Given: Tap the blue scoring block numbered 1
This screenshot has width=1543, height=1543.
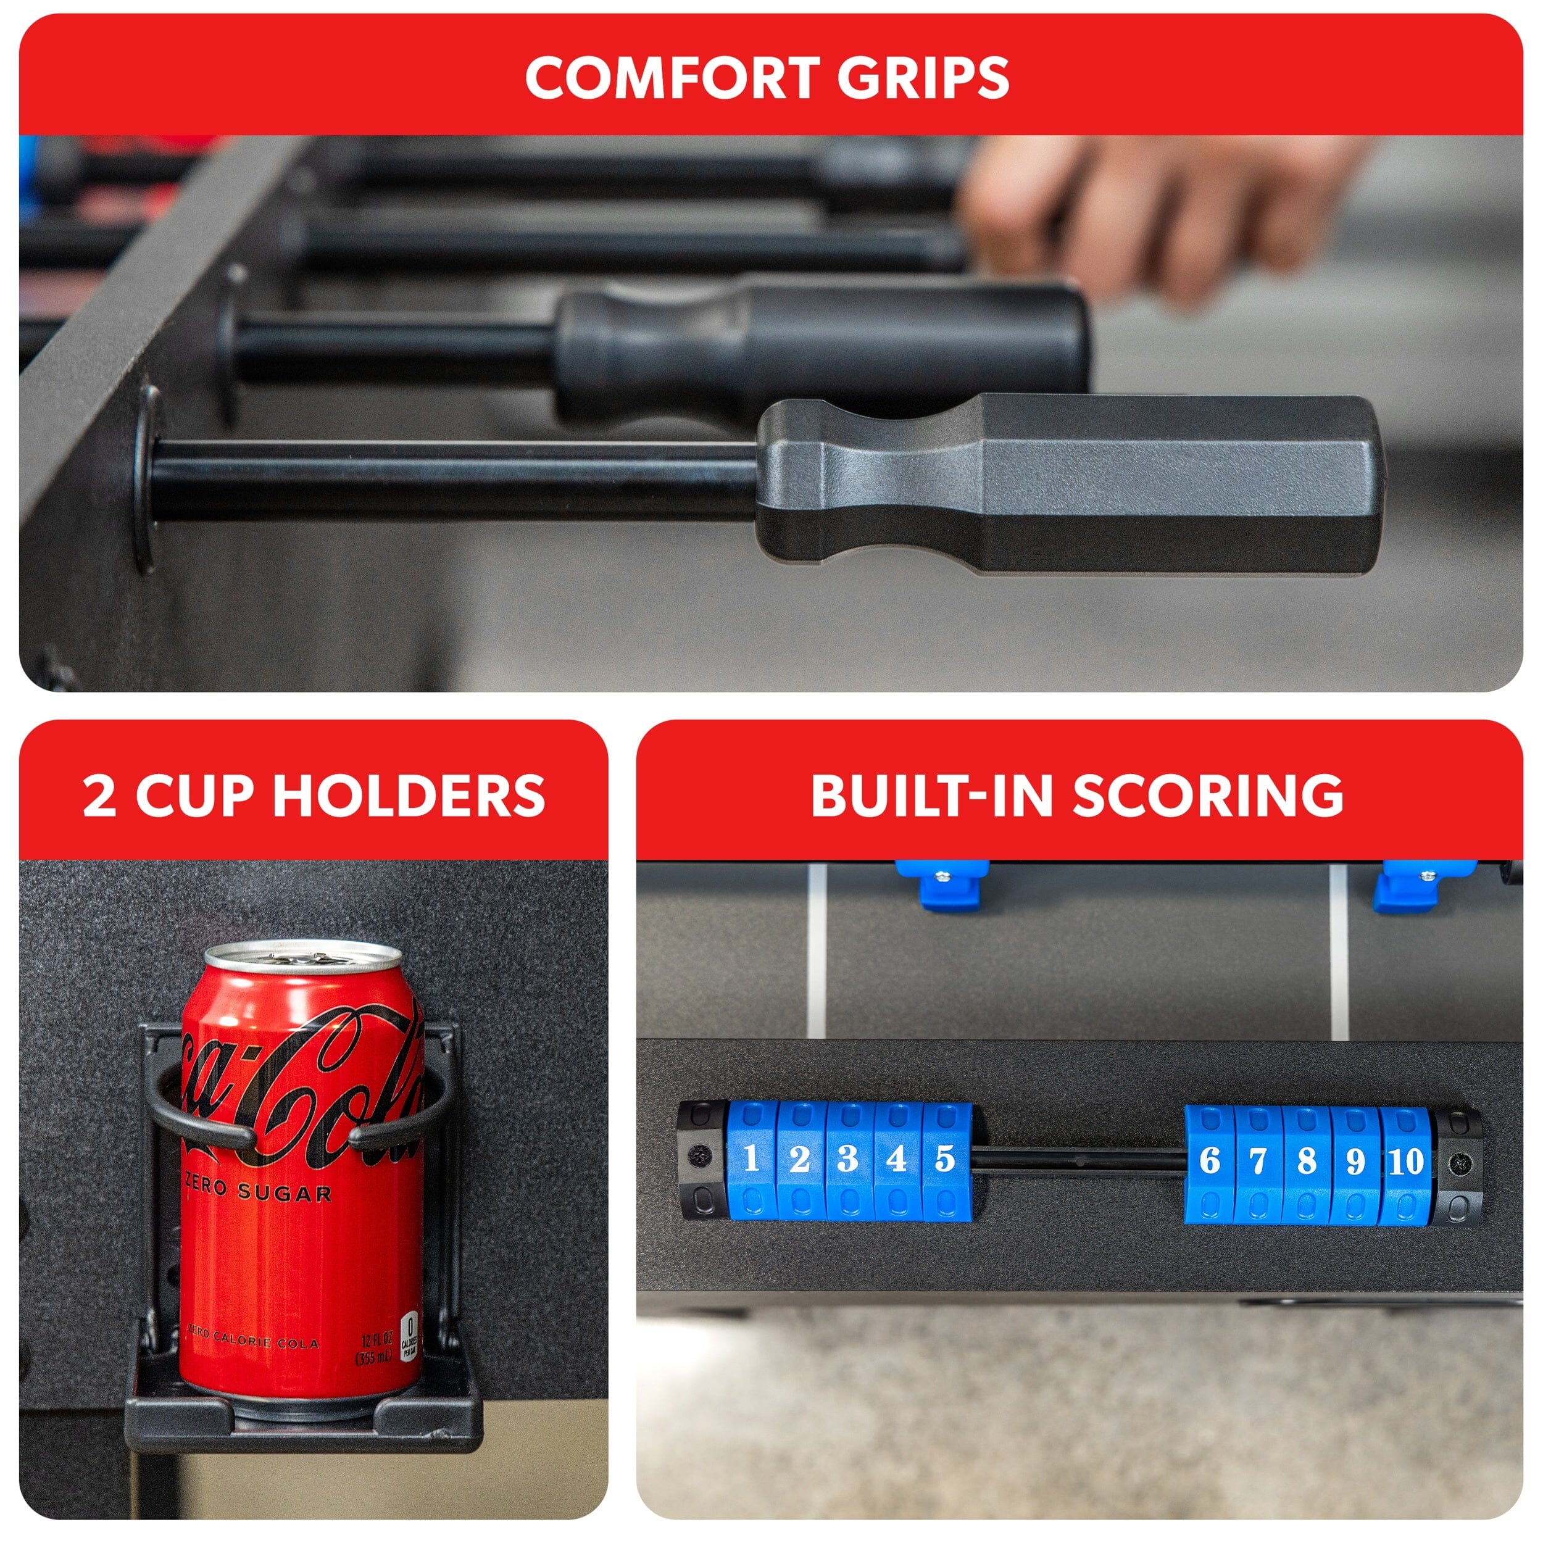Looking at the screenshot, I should pyautogui.click(x=751, y=1162).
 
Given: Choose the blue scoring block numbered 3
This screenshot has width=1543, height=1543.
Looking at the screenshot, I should pyautogui.click(x=848, y=1162).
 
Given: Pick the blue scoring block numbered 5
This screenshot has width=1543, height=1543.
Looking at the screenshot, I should pyautogui.click(x=946, y=1162).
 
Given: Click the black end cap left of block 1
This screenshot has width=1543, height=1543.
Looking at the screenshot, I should pyautogui.click(x=701, y=1162).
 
